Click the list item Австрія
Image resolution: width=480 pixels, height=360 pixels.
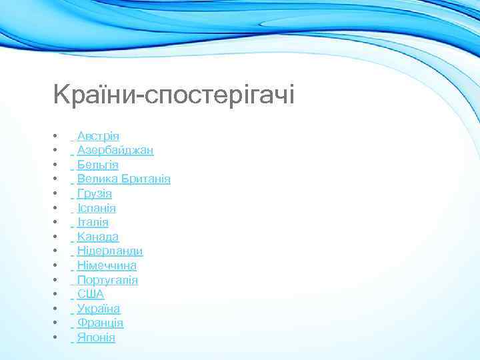(98, 136)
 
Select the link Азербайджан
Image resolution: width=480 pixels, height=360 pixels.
(115, 151)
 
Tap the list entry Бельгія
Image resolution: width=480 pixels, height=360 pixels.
(97, 165)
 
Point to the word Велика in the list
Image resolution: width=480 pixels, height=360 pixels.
(98, 179)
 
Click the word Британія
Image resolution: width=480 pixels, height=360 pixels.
(146, 179)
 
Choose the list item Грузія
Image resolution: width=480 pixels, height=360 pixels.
(94, 194)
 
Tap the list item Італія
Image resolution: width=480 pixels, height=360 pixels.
(93, 223)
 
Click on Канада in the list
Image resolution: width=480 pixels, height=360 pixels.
(97, 237)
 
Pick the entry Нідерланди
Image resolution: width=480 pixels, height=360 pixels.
(109, 251)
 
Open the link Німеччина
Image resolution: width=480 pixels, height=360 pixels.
(107, 265)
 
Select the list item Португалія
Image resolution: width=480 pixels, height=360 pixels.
(107, 280)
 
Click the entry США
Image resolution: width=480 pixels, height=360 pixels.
(90, 294)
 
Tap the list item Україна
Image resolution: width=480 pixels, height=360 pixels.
(98, 309)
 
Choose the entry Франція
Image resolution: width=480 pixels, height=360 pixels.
(100, 323)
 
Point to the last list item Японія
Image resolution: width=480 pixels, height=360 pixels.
(96, 337)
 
